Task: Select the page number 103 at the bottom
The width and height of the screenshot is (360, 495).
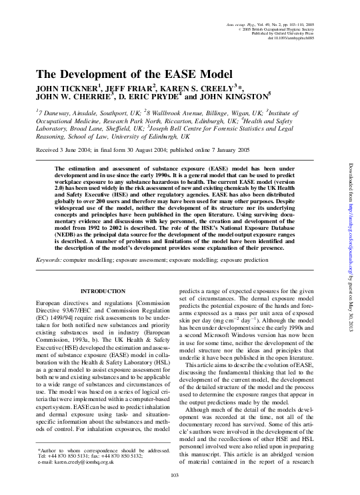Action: (x=176, y=474)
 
